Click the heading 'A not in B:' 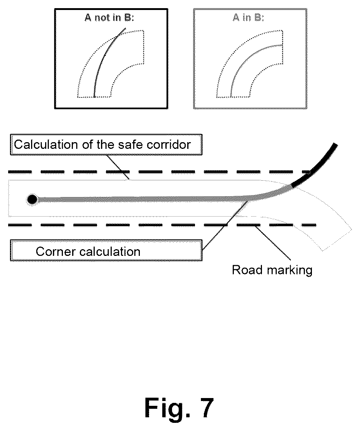click(109, 18)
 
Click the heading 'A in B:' click(248, 18)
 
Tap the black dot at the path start click(32, 200)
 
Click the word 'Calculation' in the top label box click(46, 144)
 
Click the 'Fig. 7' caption click(179, 408)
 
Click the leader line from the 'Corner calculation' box click(225, 225)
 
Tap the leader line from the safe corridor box click(118, 167)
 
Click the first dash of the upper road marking click(20, 172)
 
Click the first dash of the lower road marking click(20, 225)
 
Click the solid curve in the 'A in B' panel click(245, 60)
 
